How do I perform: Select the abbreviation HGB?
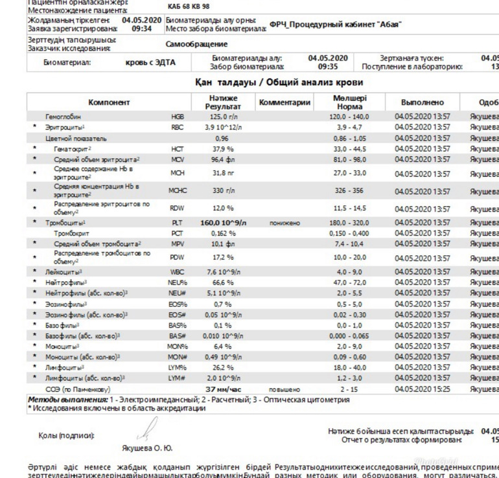click(x=177, y=117)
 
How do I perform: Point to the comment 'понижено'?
click(x=285, y=223)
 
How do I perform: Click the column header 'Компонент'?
click(x=109, y=102)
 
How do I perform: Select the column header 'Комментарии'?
click(x=284, y=102)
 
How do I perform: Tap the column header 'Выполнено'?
click(x=422, y=102)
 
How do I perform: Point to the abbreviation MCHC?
click(x=178, y=191)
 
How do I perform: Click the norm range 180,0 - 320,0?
click(x=350, y=223)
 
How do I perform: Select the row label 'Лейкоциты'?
click(x=63, y=272)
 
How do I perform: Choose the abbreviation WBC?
click(x=178, y=272)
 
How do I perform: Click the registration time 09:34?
click(x=142, y=29)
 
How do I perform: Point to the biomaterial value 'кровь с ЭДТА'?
click(x=150, y=63)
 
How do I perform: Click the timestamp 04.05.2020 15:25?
click(x=422, y=389)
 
